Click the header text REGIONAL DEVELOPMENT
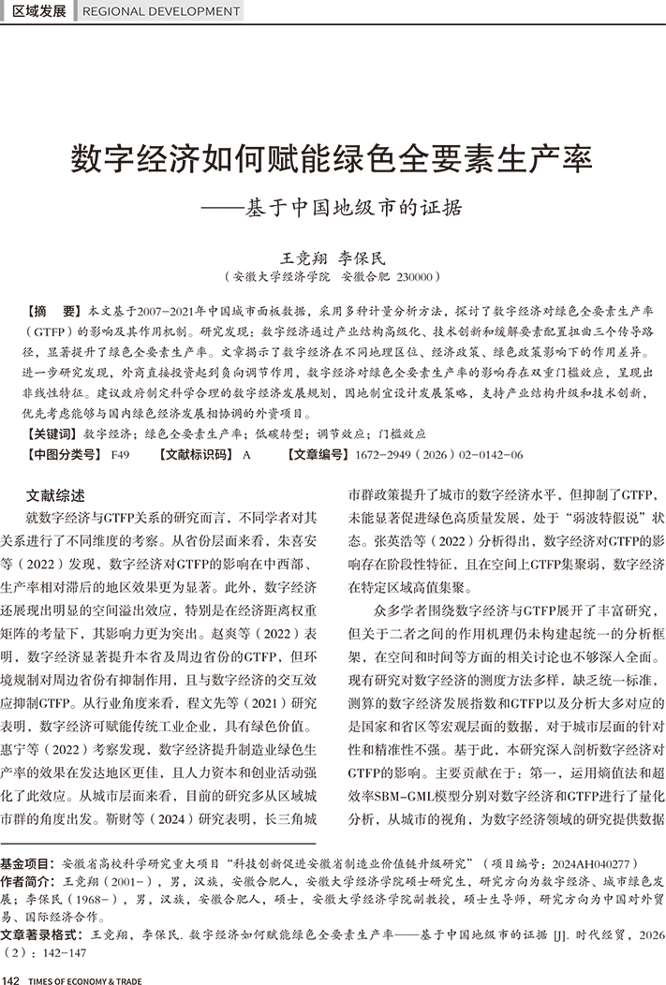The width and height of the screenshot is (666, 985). tap(161, 11)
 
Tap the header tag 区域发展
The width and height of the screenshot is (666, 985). tap(39, 11)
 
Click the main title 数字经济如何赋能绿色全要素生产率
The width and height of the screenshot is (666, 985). tap(333, 157)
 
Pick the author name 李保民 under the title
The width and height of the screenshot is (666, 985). tap(361, 257)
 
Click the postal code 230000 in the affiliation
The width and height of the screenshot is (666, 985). tap(412, 277)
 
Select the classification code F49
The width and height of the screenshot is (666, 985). tap(120, 454)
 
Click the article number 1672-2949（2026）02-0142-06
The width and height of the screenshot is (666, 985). tap(439, 454)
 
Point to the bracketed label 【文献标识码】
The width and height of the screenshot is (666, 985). tap(196, 454)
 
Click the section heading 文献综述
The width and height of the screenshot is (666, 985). tap(54, 495)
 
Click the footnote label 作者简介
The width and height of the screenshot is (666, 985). tap(27, 882)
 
